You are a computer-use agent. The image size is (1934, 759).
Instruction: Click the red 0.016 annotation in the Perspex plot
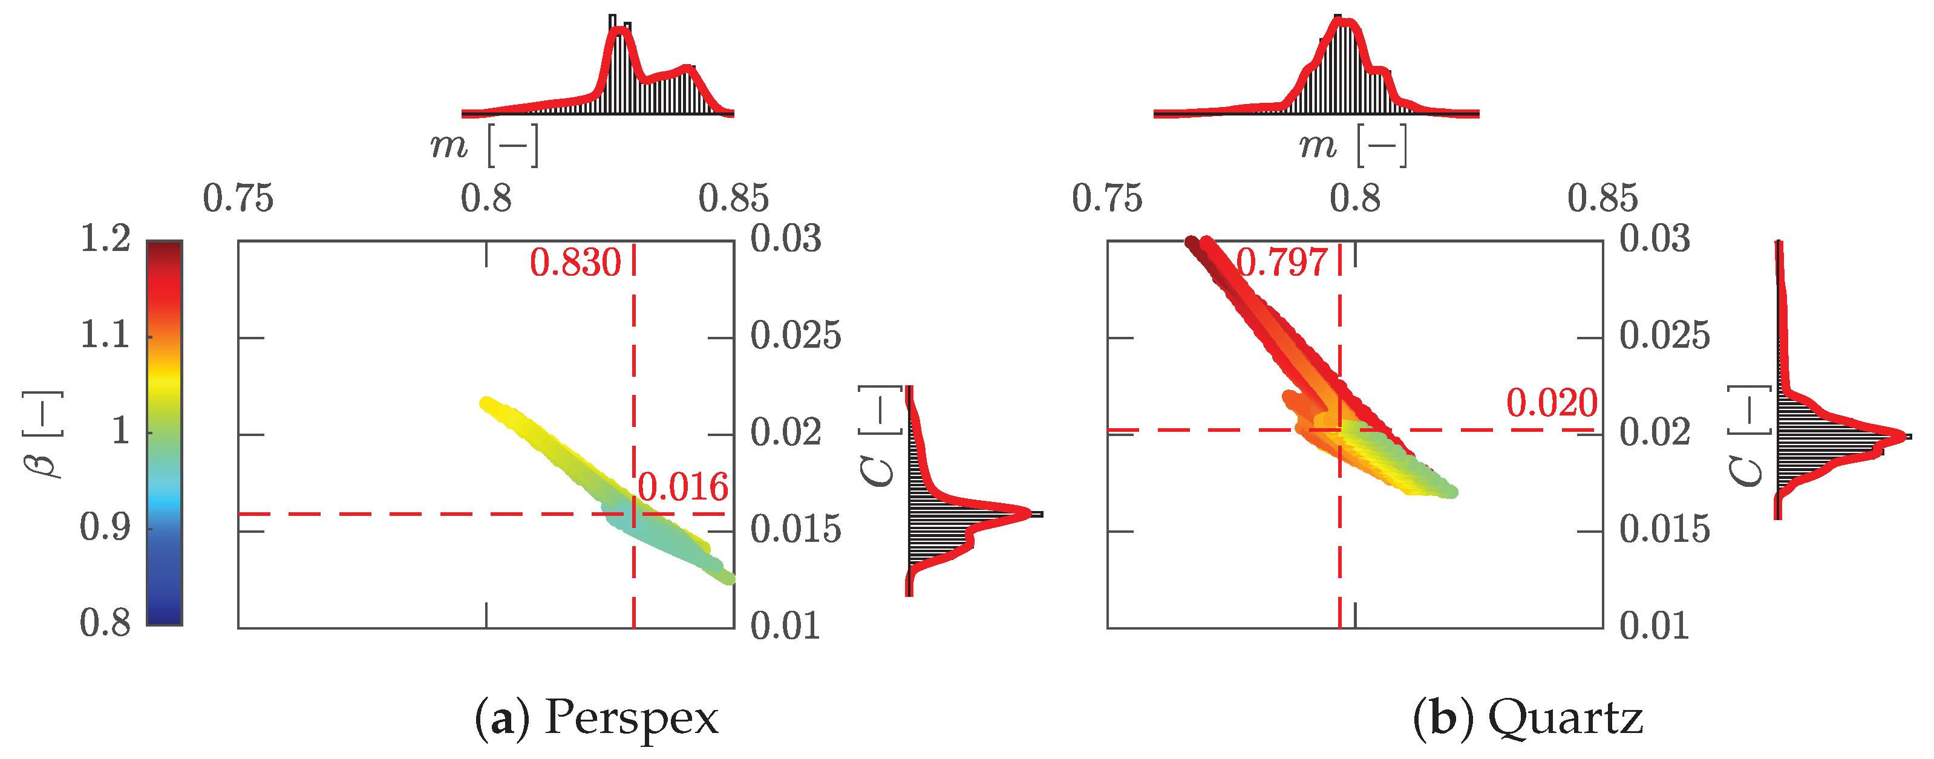tap(682, 488)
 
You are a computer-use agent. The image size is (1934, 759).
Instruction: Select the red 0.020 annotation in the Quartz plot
tap(1552, 404)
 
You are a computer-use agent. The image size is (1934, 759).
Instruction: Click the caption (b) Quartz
tap(1528, 718)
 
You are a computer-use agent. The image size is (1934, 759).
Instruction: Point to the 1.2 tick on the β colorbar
tap(105, 240)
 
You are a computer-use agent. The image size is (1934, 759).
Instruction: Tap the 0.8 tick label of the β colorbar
tap(105, 623)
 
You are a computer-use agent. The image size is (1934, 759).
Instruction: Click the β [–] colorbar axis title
tap(42, 434)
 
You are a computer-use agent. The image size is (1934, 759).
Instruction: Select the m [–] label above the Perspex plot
tap(484, 145)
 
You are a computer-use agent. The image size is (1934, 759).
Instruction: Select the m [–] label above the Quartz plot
tap(1353, 145)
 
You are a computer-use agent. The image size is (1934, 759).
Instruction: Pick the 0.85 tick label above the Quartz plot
tap(1602, 199)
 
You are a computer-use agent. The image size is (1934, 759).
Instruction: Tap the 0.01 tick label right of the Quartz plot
tap(1654, 626)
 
